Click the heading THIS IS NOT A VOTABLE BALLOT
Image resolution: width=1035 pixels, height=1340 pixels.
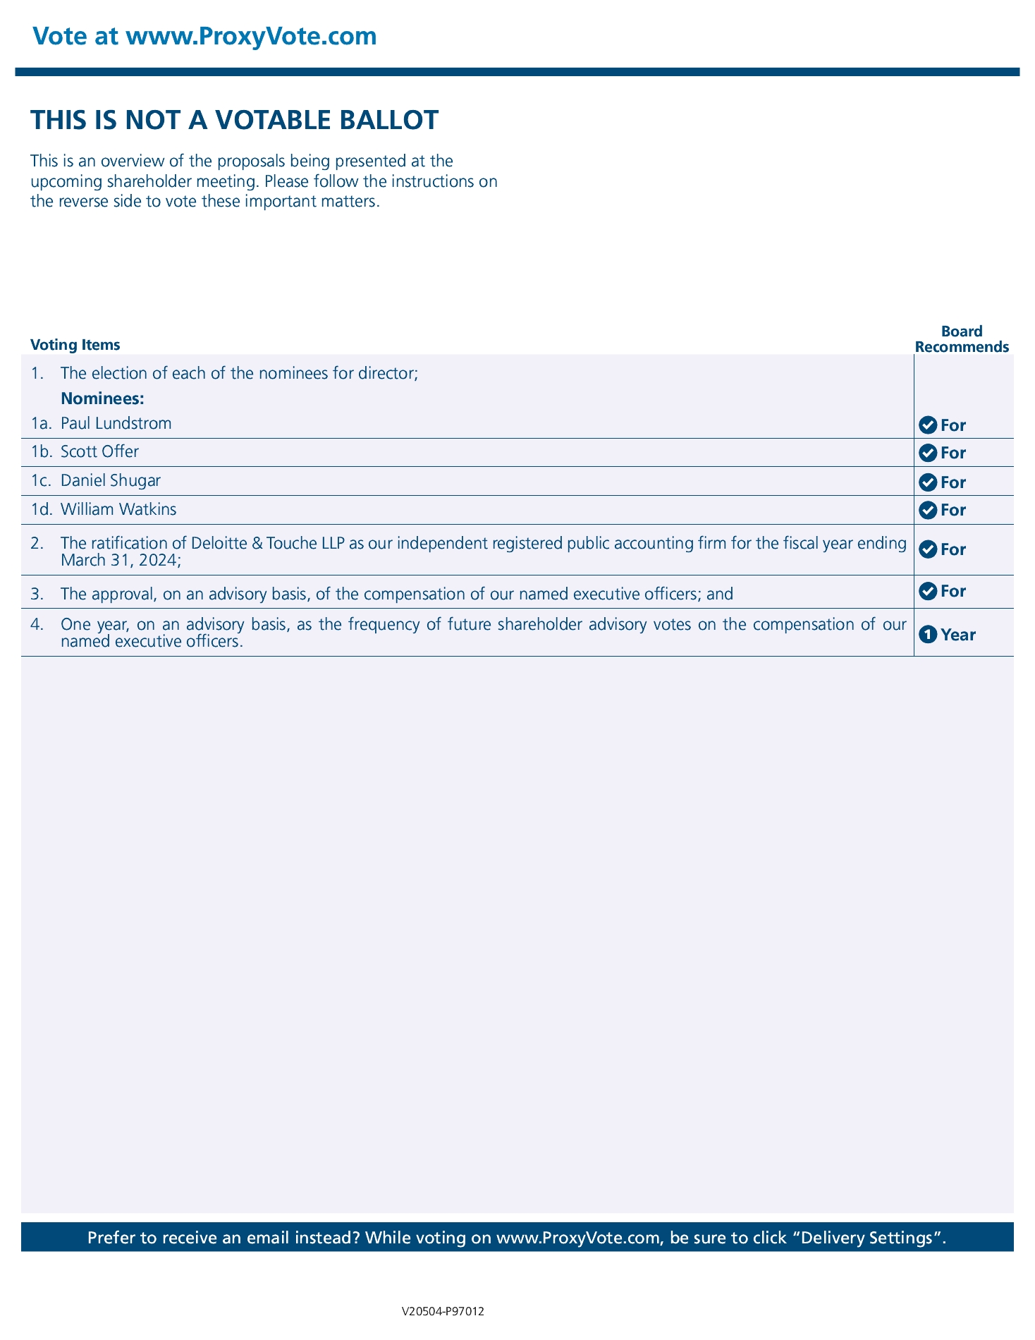point(235,121)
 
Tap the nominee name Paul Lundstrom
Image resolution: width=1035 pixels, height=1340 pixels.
point(116,424)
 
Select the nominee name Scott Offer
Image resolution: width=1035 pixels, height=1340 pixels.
point(99,451)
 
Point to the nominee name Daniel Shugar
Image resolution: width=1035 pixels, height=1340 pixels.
point(111,481)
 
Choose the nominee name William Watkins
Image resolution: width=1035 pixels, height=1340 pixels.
point(118,509)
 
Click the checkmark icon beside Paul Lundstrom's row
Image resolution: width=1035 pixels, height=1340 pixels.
point(929,425)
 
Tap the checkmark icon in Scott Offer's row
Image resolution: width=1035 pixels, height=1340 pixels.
point(929,453)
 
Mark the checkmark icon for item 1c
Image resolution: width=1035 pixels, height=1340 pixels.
point(929,482)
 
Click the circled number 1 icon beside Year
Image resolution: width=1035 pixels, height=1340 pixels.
point(929,635)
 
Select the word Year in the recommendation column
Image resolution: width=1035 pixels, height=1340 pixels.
point(958,635)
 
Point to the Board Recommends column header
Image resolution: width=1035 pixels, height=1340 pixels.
point(962,339)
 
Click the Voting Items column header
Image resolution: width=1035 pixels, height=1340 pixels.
point(75,345)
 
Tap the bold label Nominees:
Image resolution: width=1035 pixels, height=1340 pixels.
point(102,399)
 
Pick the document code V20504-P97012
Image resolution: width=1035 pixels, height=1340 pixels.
point(443,1312)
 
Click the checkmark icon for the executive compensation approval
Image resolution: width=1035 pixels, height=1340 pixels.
point(929,591)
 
